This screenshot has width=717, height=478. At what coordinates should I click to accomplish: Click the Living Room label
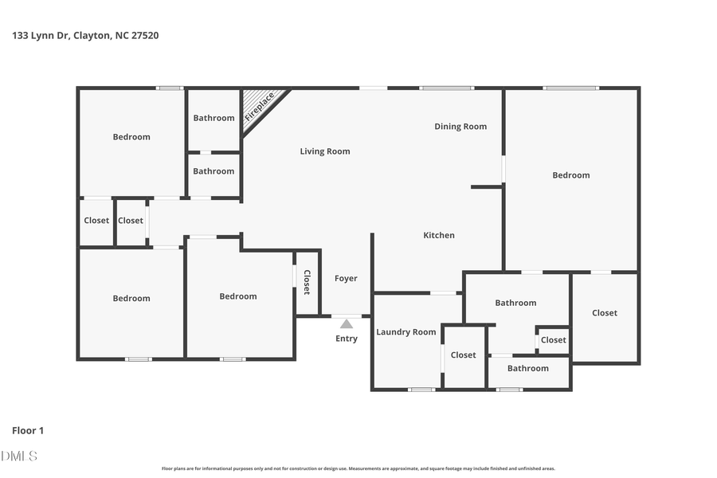coord(324,151)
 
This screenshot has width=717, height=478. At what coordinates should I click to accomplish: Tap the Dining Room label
coord(460,127)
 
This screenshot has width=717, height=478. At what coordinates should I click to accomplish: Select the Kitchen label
coord(438,235)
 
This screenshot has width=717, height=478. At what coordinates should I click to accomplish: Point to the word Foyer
coord(346,279)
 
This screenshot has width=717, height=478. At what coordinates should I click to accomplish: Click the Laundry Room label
coord(406,332)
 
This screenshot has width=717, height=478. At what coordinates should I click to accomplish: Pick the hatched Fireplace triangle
coord(259,106)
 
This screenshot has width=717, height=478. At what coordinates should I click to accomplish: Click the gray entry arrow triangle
coord(347,324)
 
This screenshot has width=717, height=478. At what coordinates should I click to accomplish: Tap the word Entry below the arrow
coord(347,339)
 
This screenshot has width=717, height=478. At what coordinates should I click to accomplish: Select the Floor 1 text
coord(28,430)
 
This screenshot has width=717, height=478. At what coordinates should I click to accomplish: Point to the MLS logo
coord(19,456)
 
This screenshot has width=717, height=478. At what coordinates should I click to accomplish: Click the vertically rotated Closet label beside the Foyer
coord(307,282)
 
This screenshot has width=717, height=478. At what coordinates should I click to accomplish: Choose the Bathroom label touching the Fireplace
coord(214,118)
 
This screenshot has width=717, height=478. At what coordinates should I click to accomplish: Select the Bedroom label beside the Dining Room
coord(570,175)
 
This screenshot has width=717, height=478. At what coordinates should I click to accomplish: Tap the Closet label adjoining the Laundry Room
coord(463,355)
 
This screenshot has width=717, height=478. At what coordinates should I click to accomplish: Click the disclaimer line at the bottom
coord(358,468)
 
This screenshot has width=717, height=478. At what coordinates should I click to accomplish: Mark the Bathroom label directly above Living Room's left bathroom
coord(214,118)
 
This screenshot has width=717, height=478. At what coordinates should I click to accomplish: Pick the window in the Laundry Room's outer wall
coord(421,390)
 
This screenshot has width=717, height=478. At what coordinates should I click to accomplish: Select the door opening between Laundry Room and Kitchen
coord(444,293)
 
